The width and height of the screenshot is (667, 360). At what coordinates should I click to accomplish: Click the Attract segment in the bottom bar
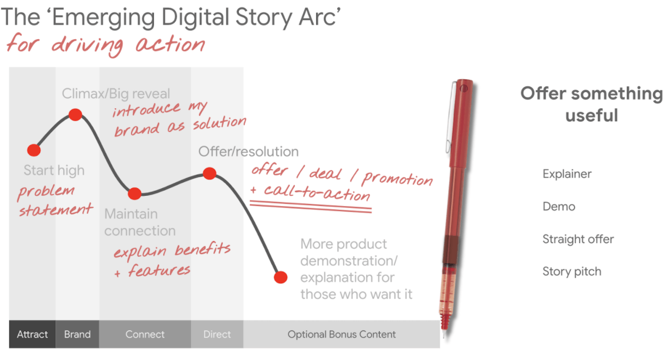[x=32, y=334]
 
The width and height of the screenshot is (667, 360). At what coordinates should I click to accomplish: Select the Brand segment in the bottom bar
[x=77, y=334]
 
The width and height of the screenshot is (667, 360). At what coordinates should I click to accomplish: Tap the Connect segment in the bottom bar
[x=145, y=334]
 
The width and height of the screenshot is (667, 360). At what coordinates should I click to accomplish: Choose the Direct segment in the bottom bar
[x=217, y=334]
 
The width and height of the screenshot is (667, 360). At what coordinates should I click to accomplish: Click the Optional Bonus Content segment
[x=342, y=334]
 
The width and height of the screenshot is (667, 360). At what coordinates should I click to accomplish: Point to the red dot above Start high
[x=34, y=150]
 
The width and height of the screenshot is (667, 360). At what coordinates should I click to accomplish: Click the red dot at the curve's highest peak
[x=75, y=115]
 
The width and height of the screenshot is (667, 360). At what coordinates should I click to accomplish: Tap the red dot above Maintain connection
[x=134, y=194]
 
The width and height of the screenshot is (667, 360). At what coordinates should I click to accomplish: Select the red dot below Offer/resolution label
[x=209, y=173]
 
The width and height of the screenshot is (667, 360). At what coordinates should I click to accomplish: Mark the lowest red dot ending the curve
[x=281, y=277]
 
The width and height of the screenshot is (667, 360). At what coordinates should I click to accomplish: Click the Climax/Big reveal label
[x=116, y=94]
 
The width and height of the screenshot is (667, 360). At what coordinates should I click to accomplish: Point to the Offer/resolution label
[x=248, y=152]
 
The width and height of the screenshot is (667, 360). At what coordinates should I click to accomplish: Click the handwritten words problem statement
[x=55, y=200]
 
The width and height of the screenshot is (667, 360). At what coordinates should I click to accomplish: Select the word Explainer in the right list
[x=567, y=174]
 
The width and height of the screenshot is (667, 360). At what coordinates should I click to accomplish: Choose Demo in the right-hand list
[x=559, y=207]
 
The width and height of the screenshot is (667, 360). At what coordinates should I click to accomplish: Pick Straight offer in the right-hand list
[x=578, y=239]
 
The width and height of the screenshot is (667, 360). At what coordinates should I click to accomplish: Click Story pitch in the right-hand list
[x=572, y=271]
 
